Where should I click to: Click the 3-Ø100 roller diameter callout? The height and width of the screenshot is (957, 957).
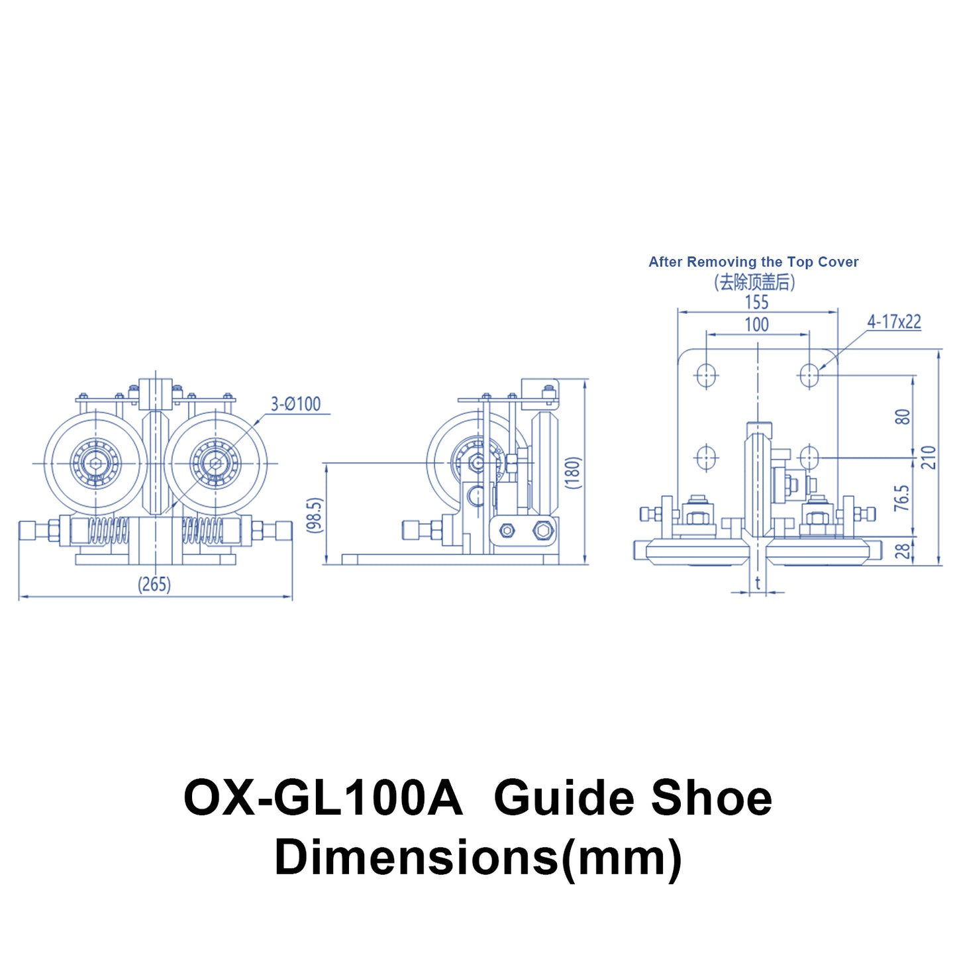coord(295,403)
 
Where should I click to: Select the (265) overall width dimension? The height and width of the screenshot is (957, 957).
coord(154,584)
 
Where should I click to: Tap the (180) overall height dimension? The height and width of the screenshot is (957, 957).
coord(574,472)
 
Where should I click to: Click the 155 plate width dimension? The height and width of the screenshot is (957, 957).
coord(756,302)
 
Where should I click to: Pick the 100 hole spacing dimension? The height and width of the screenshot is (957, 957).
coord(756,325)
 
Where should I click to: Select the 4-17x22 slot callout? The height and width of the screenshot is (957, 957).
coord(894,322)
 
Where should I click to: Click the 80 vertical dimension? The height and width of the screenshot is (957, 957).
coord(903,417)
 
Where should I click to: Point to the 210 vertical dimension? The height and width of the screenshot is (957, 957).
coord(929,457)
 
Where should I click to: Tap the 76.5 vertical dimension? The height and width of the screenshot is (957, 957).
coord(901,497)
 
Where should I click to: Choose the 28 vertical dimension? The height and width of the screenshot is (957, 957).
coord(903,550)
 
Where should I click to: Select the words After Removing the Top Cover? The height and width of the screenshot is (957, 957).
coord(753,262)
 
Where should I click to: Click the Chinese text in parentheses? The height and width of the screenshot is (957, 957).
coord(754,282)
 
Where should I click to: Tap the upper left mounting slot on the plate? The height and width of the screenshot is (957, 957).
coord(706,375)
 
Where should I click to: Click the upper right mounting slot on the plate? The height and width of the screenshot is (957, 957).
coord(808,375)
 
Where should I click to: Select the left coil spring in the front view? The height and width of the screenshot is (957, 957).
coord(108,530)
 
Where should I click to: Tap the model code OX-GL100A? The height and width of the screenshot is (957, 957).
coord(323,797)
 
